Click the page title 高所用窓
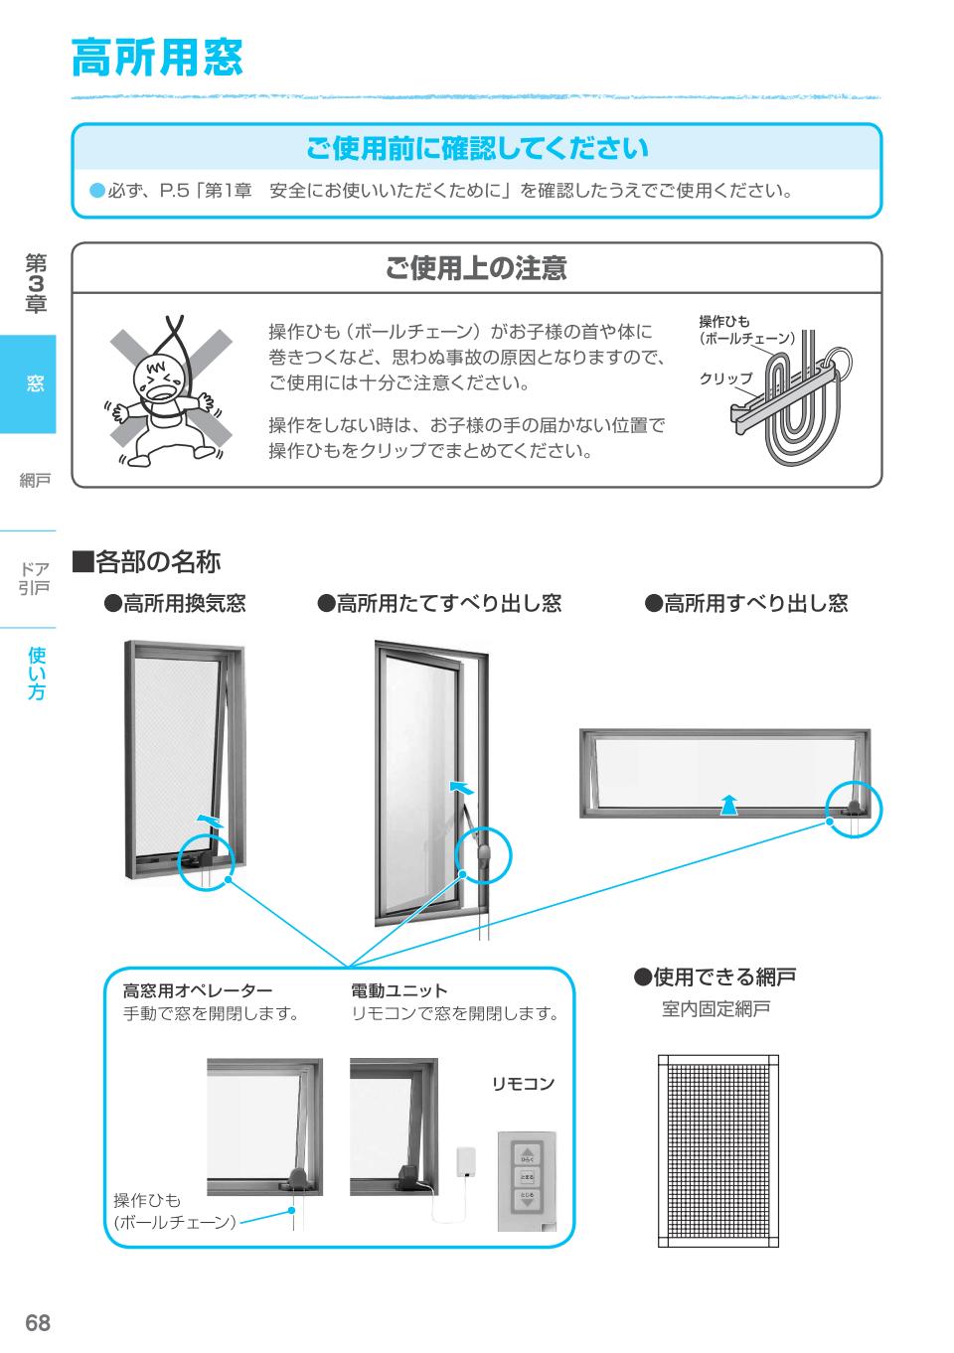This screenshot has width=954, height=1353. [157, 59]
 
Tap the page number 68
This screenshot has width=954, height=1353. [38, 1323]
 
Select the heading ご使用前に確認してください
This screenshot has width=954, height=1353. [476, 149]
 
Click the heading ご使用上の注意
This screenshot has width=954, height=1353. [476, 268]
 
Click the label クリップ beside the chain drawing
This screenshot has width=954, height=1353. [725, 378]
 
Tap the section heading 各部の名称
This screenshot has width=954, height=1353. [146, 562]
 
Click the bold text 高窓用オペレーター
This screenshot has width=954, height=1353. [197, 990]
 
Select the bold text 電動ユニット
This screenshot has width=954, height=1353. [399, 990]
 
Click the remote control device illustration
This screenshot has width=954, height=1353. [527, 1180]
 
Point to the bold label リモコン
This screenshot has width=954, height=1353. [524, 1083]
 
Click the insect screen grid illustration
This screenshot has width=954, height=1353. [717, 1149]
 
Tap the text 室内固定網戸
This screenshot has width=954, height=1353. [715, 1010]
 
